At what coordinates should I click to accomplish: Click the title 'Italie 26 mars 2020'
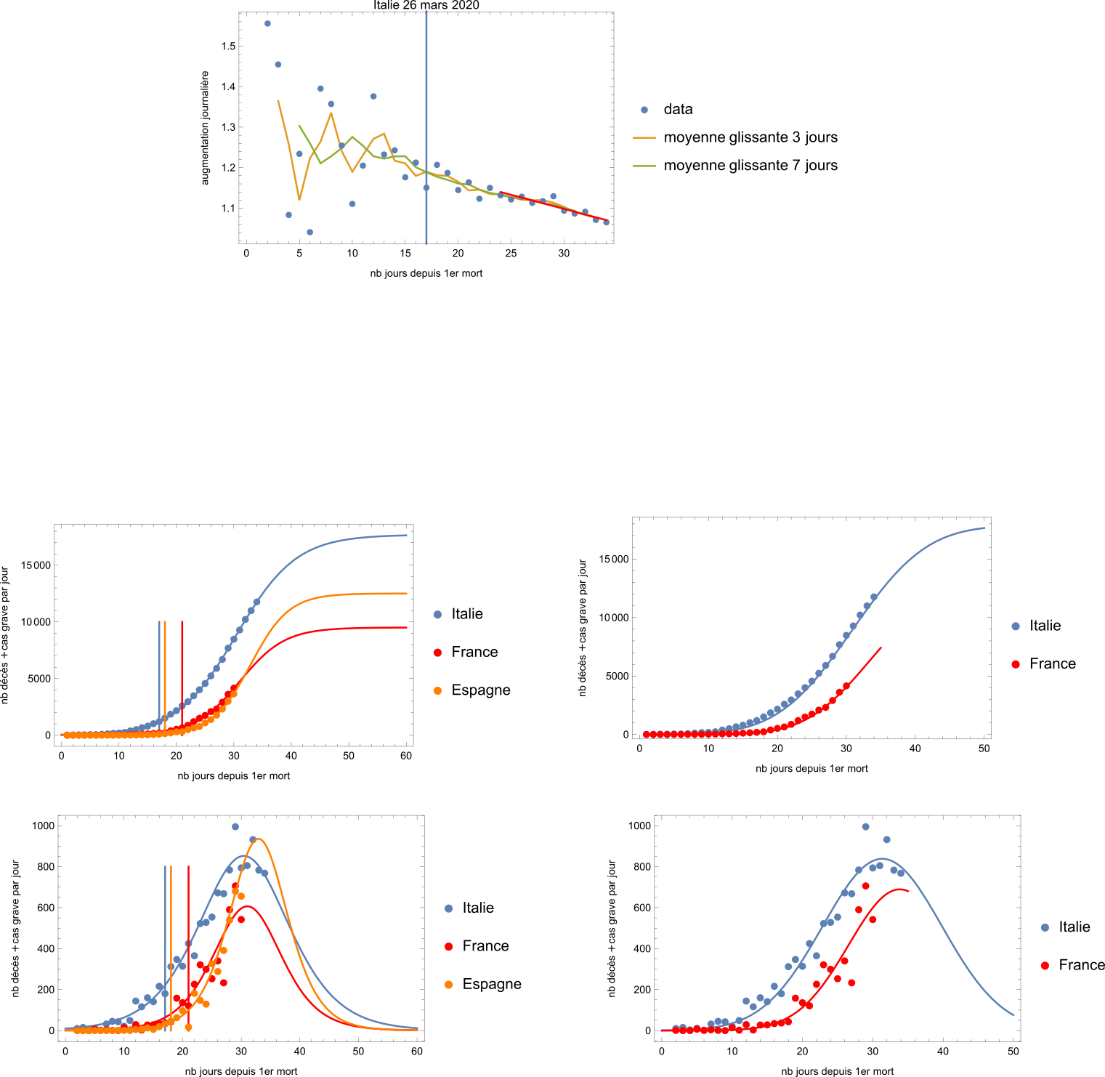(x=426, y=5)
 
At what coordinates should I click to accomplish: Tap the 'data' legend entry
(x=666, y=110)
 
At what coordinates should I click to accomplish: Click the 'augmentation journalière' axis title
(x=205, y=128)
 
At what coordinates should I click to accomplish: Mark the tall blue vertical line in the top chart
(x=426, y=128)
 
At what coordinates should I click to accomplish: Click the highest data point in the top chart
(x=267, y=24)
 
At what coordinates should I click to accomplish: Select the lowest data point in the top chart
(x=310, y=233)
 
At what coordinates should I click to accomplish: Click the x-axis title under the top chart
(x=426, y=273)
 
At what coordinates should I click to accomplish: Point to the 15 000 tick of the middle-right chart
(x=613, y=559)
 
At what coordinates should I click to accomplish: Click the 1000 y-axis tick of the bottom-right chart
(x=639, y=826)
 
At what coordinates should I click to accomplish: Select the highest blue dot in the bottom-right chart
(x=865, y=827)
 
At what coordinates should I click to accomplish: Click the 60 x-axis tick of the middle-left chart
(x=406, y=756)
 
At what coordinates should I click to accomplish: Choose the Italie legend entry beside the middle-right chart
(x=1036, y=626)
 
